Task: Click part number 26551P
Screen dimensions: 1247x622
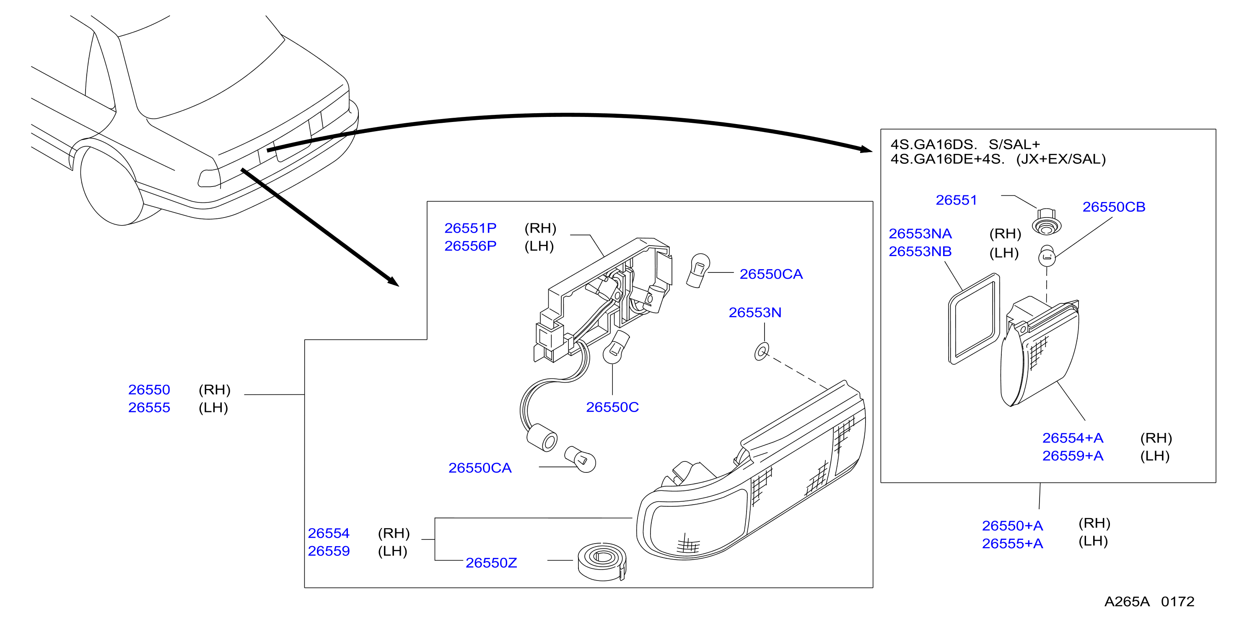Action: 470,228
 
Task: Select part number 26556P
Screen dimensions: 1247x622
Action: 470,246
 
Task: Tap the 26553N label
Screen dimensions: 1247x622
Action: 754,313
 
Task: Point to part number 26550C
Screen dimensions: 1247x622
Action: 612,407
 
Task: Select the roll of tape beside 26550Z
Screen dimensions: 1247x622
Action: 602,562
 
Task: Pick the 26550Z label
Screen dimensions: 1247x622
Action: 491,563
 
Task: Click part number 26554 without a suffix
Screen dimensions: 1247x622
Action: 329,534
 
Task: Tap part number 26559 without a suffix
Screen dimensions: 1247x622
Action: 329,551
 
